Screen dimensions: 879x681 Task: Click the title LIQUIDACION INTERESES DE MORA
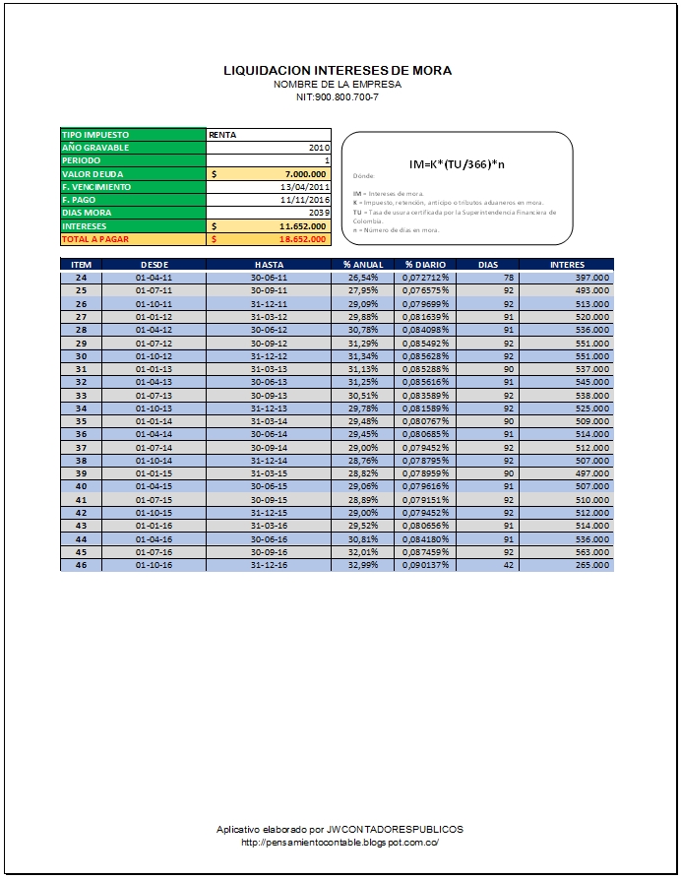pos(339,71)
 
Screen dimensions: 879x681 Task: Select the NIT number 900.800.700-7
pos(339,96)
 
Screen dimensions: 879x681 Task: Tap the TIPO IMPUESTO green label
pos(95,135)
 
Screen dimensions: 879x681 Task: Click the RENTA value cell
pos(221,135)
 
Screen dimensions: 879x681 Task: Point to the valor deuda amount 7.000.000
pos(299,173)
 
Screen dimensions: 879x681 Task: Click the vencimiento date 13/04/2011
pos(305,186)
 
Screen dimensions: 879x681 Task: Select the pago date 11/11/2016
pos(305,199)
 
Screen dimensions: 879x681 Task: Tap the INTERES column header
pos(567,265)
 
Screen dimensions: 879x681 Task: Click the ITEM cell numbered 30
pos(82,354)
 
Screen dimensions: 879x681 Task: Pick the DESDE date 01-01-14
pos(155,418)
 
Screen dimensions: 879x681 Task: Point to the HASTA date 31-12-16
pos(270,565)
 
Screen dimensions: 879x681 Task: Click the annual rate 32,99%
pos(362,565)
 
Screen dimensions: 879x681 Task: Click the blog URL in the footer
pos(340,843)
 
